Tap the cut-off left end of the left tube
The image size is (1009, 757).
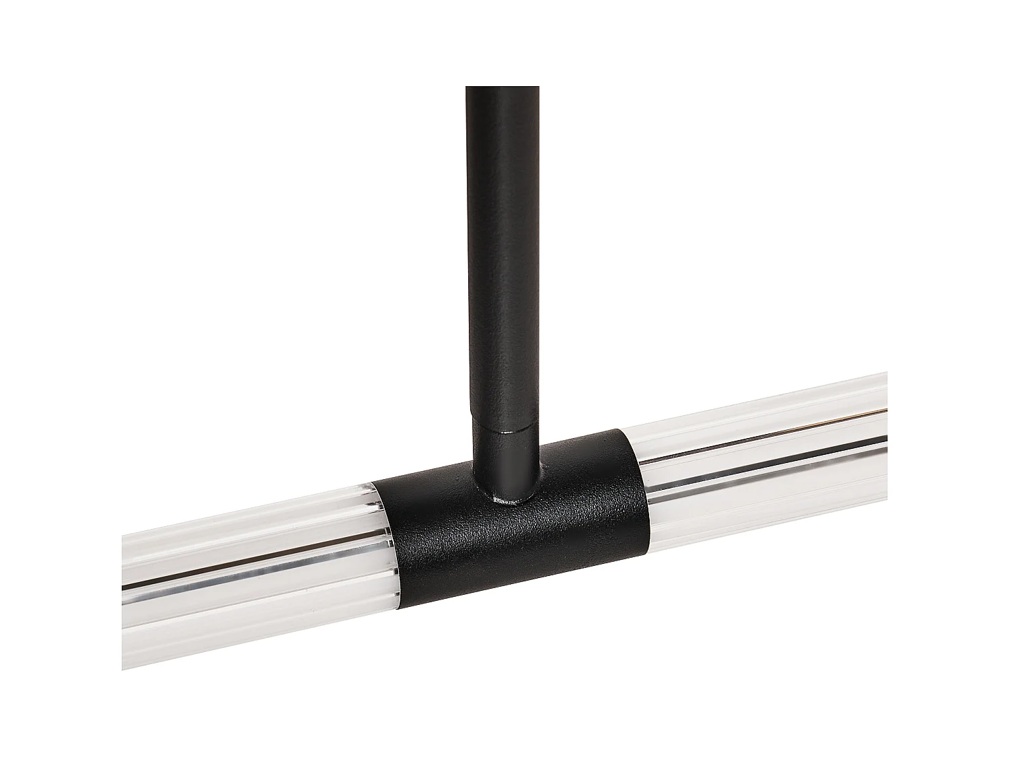click(124, 606)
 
